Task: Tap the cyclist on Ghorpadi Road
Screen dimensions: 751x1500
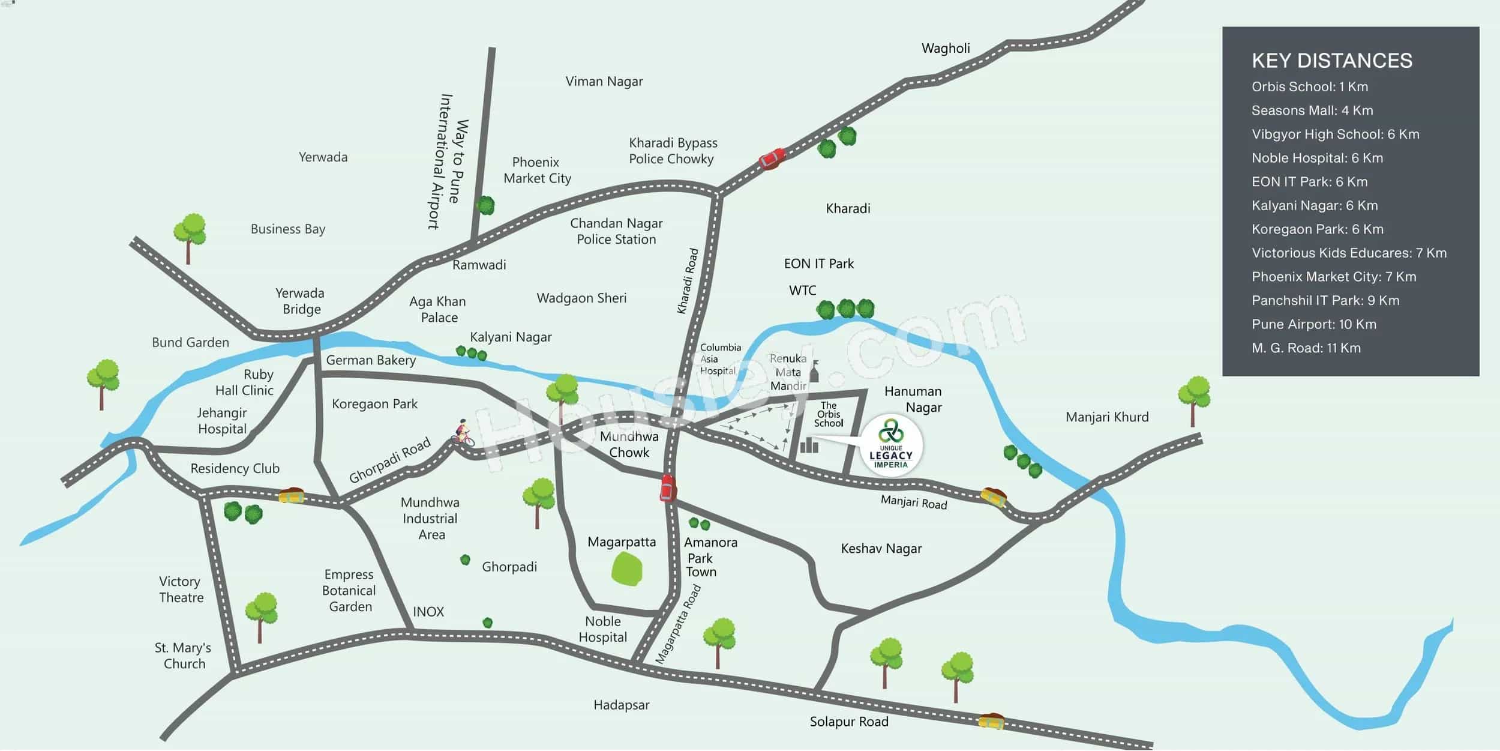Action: pyautogui.click(x=463, y=433)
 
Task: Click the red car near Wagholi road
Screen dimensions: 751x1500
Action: pyautogui.click(x=772, y=158)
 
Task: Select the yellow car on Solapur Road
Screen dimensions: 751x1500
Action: pyautogui.click(x=991, y=721)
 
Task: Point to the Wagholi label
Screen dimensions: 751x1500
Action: pyautogui.click(x=946, y=48)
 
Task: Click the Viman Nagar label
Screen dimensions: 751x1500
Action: pyautogui.click(x=604, y=81)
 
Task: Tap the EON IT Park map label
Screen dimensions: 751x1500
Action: pyautogui.click(x=818, y=264)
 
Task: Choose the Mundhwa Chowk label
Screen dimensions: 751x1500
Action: pyautogui.click(x=629, y=444)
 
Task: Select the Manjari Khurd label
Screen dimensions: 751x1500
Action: pyautogui.click(x=1107, y=417)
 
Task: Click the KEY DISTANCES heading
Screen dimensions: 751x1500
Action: pyautogui.click(x=1331, y=61)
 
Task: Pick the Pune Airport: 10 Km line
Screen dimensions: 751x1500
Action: pyautogui.click(x=1313, y=324)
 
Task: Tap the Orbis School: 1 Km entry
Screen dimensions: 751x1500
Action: pyautogui.click(x=1309, y=86)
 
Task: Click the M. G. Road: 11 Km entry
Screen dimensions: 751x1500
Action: pyautogui.click(x=1306, y=348)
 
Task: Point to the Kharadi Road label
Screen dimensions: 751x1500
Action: pyautogui.click(x=688, y=281)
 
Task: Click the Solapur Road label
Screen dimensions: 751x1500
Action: pyautogui.click(x=848, y=722)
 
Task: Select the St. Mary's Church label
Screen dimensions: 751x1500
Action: pyautogui.click(x=183, y=656)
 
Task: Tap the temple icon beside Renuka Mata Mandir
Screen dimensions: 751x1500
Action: pyautogui.click(x=814, y=372)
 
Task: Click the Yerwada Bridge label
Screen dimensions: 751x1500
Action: pyautogui.click(x=300, y=301)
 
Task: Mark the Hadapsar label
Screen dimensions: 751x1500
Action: pyautogui.click(x=621, y=705)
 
